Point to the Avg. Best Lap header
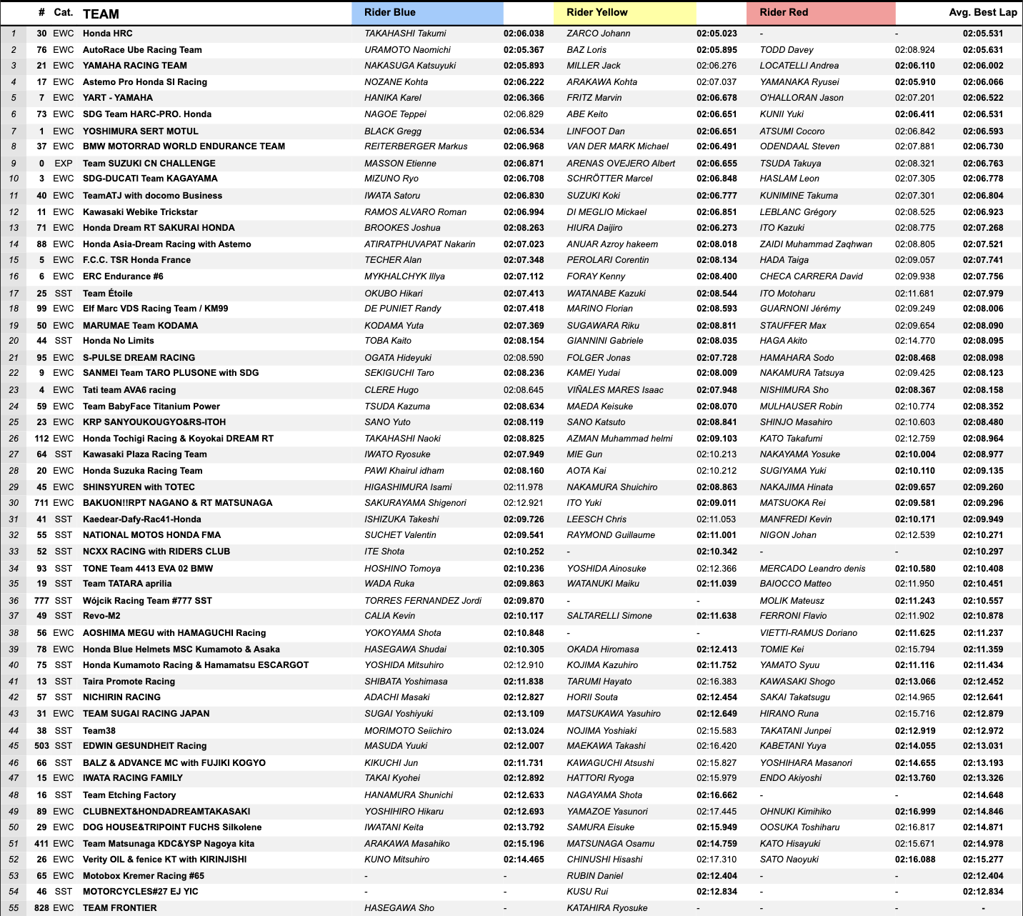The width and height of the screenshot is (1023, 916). coord(982,12)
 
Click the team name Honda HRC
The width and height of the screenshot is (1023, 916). coord(107,34)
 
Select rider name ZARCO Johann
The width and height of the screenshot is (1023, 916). coord(598,34)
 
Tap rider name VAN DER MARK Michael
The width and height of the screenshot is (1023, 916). coord(617,146)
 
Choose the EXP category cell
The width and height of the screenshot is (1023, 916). coord(64,164)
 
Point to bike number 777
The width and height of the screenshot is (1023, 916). coord(41,601)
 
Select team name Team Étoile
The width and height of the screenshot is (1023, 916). coord(107,294)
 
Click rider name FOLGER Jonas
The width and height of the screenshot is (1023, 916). coord(598,358)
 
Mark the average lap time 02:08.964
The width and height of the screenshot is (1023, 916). coord(983,439)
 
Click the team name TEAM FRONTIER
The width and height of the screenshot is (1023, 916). coord(119,908)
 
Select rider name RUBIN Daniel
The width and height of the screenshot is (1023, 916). coord(594,876)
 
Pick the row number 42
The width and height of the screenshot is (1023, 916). coord(14,697)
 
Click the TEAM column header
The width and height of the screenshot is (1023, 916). coord(101,14)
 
